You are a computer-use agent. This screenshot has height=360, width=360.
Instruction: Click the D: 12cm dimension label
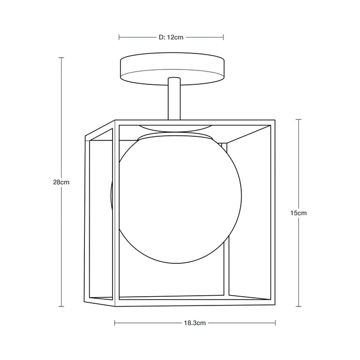pyautogui.click(x=171, y=37)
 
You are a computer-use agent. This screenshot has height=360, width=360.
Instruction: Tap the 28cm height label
pyautogui.click(x=61, y=182)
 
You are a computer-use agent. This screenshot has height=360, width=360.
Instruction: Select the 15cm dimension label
pyautogui.click(x=299, y=212)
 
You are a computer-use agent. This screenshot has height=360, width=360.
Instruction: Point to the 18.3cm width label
pyautogui.click(x=195, y=323)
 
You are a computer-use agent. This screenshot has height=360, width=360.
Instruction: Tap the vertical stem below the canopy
pyautogui.click(x=173, y=98)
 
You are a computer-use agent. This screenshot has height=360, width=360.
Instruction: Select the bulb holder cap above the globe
pyautogui.click(x=175, y=136)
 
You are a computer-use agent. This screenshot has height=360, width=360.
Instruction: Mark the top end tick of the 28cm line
pyautogui.click(x=61, y=58)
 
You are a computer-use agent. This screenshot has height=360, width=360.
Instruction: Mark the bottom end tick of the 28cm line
pyautogui.click(x=61, y=307)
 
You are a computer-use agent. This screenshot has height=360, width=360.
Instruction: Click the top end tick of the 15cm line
pyautogui.click(x=299, y=119)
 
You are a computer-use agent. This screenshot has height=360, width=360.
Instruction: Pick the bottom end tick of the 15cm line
pyautogui.click(x=299, y=306)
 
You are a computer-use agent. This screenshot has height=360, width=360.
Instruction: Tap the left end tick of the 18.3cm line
pyautogui.click(x=114, y=323)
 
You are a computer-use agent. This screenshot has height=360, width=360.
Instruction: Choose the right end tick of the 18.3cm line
pyautogui.click(x=276, y=323)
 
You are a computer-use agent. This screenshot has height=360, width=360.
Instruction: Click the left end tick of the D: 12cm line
pyautogui.click(x=119, y=37)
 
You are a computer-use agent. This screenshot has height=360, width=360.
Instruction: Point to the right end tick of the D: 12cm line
pyautogui.click(x=223, y=37)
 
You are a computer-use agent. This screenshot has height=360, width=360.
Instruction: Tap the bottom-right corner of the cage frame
pyautogui.click(x=273, y=300)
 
